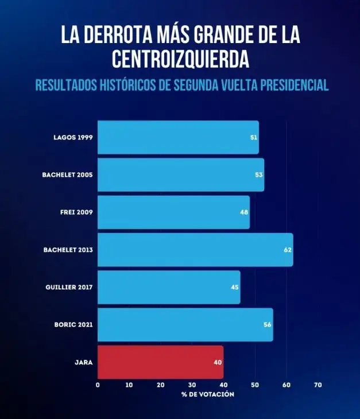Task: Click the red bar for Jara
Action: point(160,362)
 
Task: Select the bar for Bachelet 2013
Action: point(195,250)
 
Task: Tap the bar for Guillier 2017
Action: point(169,287)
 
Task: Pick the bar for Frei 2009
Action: point(173,212)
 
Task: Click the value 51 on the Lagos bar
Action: point(253,138)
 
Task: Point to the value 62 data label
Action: point(287,250)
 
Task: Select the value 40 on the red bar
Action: point(218,362)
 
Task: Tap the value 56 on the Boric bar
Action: point(267,325)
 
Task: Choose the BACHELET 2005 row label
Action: point(67,175)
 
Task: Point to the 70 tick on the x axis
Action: point(318,385)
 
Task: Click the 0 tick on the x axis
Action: point(98,385)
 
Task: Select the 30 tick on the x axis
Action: point(192,385)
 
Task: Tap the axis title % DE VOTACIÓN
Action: point(208,394)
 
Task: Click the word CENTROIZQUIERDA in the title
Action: point(180,58)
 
